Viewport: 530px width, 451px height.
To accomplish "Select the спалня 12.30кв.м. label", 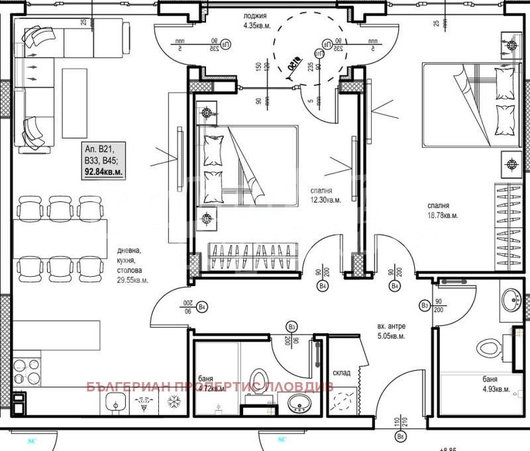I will tap(326, 194).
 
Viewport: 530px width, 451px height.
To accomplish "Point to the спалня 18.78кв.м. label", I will tap(443, 210).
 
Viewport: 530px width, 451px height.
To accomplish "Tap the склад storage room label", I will tap(341, 374).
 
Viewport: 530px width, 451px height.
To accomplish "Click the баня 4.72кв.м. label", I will tap(211, 385).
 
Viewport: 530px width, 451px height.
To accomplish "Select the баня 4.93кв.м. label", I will tap(496, 385).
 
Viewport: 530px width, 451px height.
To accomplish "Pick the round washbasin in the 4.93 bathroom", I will tap(511, 301).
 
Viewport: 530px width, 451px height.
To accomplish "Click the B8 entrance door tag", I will tap(400, 438).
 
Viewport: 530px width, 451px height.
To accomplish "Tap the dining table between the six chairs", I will tap(60, 238).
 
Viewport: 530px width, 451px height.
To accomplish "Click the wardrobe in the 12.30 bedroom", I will tap(254, 254).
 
